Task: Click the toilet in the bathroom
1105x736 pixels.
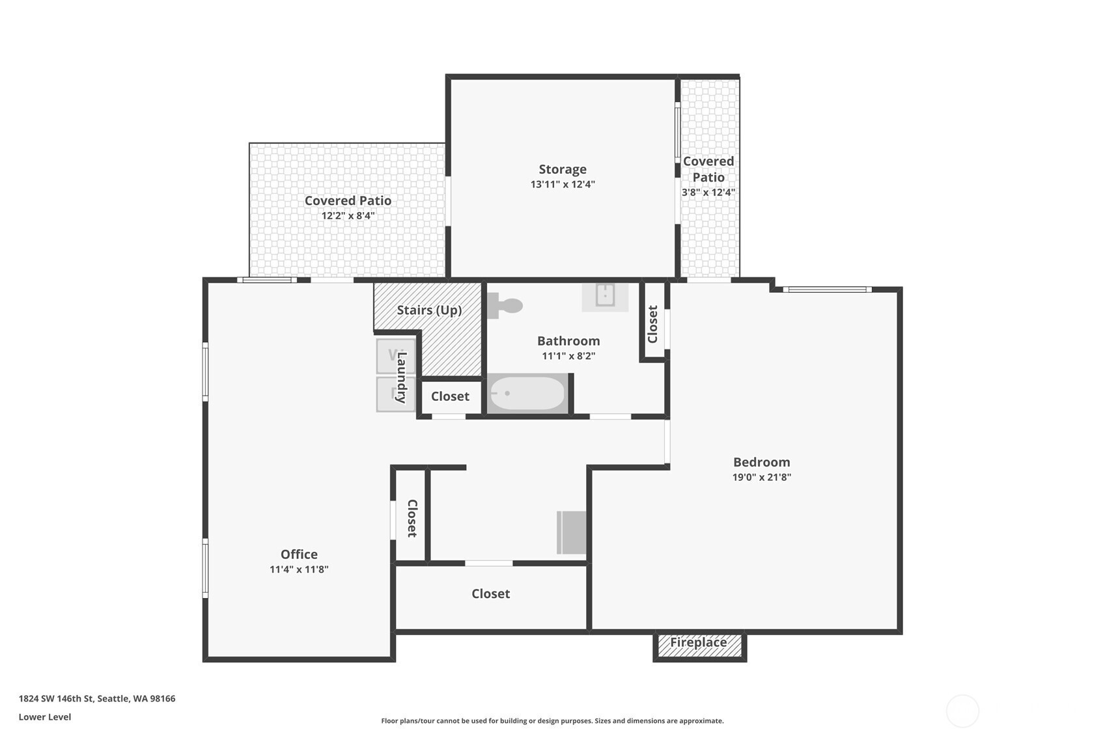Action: point(505,306)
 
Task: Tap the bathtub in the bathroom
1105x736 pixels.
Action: point(527,394)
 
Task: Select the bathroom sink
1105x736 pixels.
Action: point(605,297)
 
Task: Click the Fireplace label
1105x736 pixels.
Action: point(699,642)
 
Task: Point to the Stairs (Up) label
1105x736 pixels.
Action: point(429,310)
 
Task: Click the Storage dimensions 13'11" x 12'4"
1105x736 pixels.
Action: point(563,184)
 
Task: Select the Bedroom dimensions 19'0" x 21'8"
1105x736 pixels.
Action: point(762,477)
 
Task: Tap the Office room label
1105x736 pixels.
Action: point(299,554)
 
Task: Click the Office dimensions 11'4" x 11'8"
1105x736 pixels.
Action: point(299,569)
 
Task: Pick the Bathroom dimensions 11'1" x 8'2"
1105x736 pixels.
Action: point(569,356)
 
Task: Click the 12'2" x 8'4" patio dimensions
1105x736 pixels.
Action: point(348,216)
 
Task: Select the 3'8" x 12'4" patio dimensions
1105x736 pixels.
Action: point(708,192)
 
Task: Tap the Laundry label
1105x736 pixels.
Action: point(402,377)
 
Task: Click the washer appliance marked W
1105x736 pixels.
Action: point(396,356)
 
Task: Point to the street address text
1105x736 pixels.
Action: point(97,698)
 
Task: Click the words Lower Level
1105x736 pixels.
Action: point(45,716)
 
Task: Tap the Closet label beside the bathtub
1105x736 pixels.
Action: point(450,396)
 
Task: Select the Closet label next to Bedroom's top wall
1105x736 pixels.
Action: point(652,324)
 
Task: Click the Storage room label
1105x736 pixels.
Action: point(563,169)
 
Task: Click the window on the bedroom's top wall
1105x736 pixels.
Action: point(827,290)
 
